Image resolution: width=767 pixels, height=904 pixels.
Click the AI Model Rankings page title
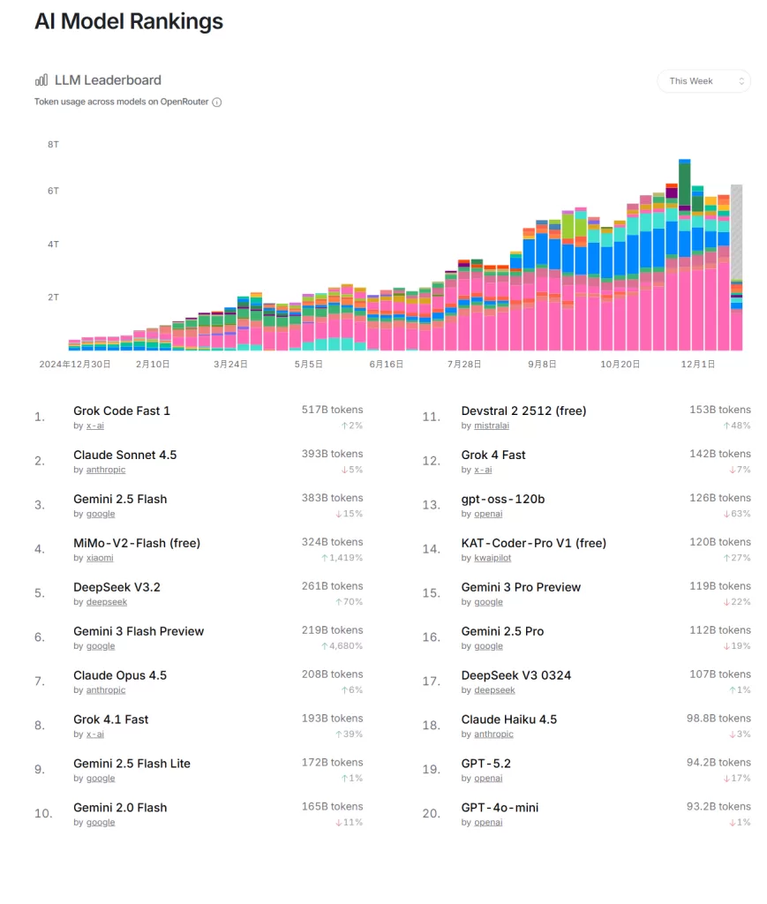pos(129,22)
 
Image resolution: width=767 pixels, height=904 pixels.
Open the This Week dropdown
pos(703,81)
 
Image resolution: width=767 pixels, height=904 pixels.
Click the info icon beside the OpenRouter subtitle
pos(217,102)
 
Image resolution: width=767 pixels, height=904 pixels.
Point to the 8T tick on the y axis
pos(53,143)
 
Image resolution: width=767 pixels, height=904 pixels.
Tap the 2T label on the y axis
pos(53,298)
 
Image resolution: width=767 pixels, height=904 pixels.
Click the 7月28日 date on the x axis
pos(464,364)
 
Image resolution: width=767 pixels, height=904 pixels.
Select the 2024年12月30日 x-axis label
pos(75,364)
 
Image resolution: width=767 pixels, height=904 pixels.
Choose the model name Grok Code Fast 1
pos(122,411)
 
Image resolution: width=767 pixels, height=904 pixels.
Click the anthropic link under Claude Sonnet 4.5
pos(106,471)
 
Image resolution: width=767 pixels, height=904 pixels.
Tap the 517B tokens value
pos(332,410)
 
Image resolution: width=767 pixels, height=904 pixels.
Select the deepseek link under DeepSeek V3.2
pos(107,602)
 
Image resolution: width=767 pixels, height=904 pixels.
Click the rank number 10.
pos(43,813)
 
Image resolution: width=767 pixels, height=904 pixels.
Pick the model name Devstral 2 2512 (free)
pos(523,411)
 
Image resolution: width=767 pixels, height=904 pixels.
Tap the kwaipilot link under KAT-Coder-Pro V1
pos(493,558)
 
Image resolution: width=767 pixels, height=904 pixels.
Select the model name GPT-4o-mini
pos(500,808)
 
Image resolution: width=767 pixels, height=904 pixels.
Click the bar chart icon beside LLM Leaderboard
pos(41,79)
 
